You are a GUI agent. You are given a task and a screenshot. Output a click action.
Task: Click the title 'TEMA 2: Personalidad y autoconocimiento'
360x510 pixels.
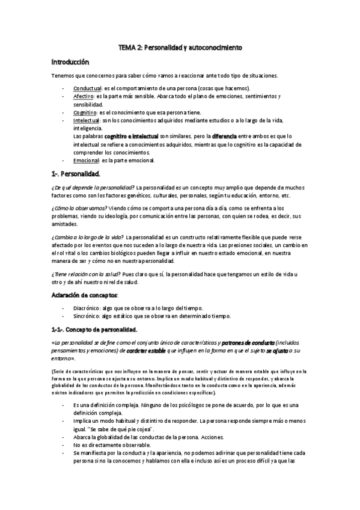coord(180,48)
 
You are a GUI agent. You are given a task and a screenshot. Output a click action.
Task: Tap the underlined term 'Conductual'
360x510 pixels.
coord(88,88)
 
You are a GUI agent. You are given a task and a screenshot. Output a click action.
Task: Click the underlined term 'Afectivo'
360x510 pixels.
coord(84,96)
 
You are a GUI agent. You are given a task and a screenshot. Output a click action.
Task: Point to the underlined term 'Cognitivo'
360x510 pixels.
coord(85,112)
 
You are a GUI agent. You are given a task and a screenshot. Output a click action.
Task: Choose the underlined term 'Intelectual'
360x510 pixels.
coord(87,120)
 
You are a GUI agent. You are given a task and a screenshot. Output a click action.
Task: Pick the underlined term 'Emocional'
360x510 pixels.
coord(86,161)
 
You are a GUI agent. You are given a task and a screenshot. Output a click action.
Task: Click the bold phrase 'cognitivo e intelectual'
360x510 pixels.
coord(132,137)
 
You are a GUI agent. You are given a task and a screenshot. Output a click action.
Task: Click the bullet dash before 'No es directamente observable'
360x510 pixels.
coord(64,444)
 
